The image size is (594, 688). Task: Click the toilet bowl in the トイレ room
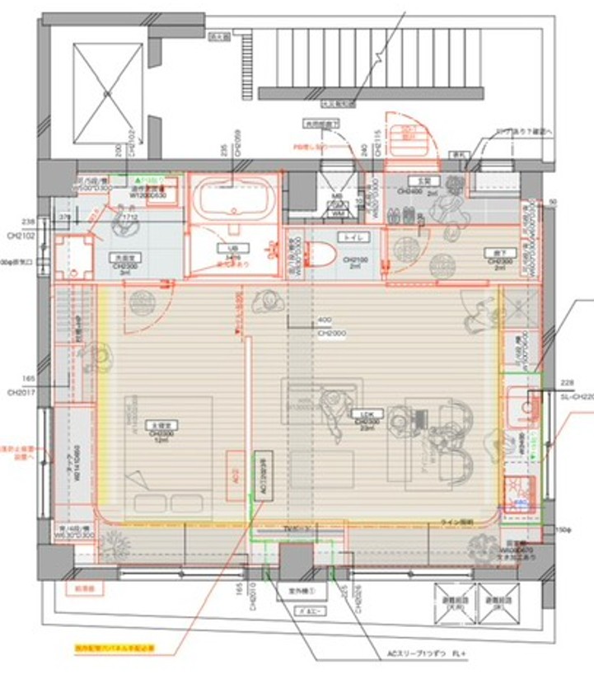pos(324,252)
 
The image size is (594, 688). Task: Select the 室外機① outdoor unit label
pos(298,591)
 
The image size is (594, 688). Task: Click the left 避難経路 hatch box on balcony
pos(454,604)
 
